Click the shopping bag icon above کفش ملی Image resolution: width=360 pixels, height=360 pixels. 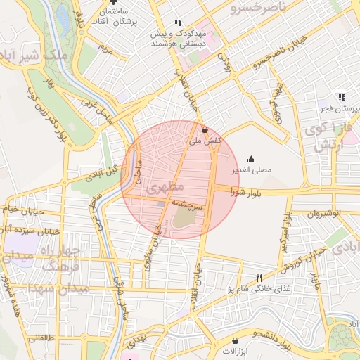[205, 130]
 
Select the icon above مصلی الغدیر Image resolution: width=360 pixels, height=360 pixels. [251, 158]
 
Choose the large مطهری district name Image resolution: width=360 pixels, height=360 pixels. [167, 187]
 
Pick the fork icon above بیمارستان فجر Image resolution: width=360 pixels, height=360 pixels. [341, 98]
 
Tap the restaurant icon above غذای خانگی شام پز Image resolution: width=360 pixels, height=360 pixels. [258, 278]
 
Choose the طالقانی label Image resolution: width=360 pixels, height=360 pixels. [41, 337]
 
